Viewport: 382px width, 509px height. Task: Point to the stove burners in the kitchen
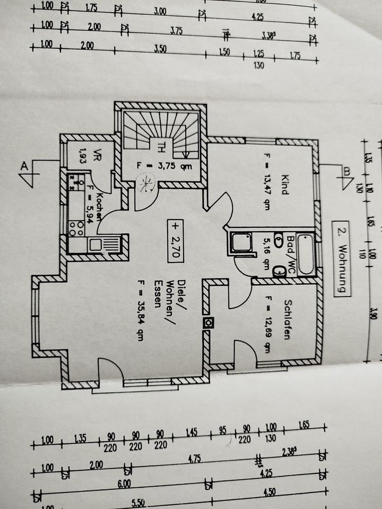pos(76,227)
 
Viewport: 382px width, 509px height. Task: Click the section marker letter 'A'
pos(24,166)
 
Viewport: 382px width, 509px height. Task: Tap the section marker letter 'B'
pos(346,171)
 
